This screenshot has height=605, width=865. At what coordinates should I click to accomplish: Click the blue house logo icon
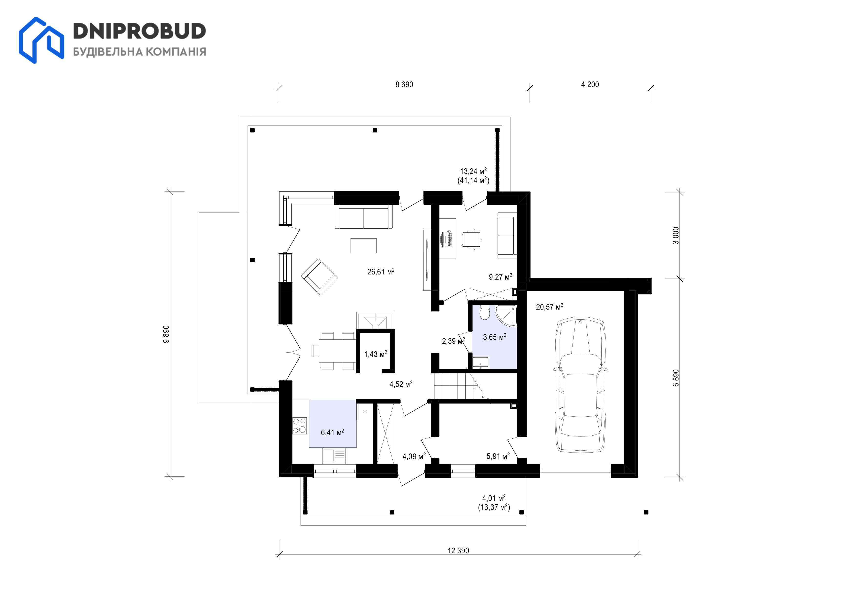(42, 40)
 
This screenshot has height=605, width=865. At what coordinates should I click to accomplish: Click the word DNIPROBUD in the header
(139, 31)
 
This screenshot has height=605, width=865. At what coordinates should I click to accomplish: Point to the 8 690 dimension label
(404, 85)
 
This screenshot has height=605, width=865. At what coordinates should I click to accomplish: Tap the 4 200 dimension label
(590, 85)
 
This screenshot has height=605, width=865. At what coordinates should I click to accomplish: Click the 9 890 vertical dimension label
(166, 334)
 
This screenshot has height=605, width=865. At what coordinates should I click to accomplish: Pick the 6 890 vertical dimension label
(676, 378)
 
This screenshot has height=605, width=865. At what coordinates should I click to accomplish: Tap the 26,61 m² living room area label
(381, 272)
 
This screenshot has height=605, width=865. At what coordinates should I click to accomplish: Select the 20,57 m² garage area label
(549, 307)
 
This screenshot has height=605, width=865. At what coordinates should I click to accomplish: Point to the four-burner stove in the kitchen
(300, 426)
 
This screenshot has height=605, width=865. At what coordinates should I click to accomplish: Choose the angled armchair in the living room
(319, 277)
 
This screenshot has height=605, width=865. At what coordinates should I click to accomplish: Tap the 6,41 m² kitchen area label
(332, 433)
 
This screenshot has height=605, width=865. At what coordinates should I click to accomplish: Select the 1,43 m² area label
(375, 354)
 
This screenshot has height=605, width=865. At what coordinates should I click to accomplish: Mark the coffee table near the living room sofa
(364, 245)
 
